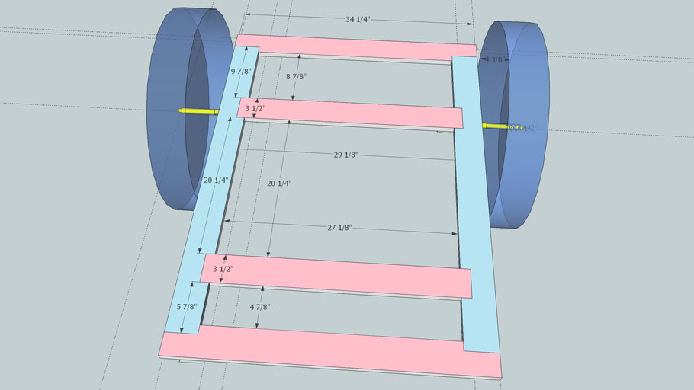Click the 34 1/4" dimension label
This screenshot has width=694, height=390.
(359, 19)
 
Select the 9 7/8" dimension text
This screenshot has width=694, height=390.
(243, 72)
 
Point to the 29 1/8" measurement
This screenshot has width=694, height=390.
(345, 155)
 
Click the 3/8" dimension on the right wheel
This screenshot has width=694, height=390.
(496, 59)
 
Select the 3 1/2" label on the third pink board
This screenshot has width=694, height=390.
(223, 269)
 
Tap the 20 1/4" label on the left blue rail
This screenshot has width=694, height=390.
(216, 181)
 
